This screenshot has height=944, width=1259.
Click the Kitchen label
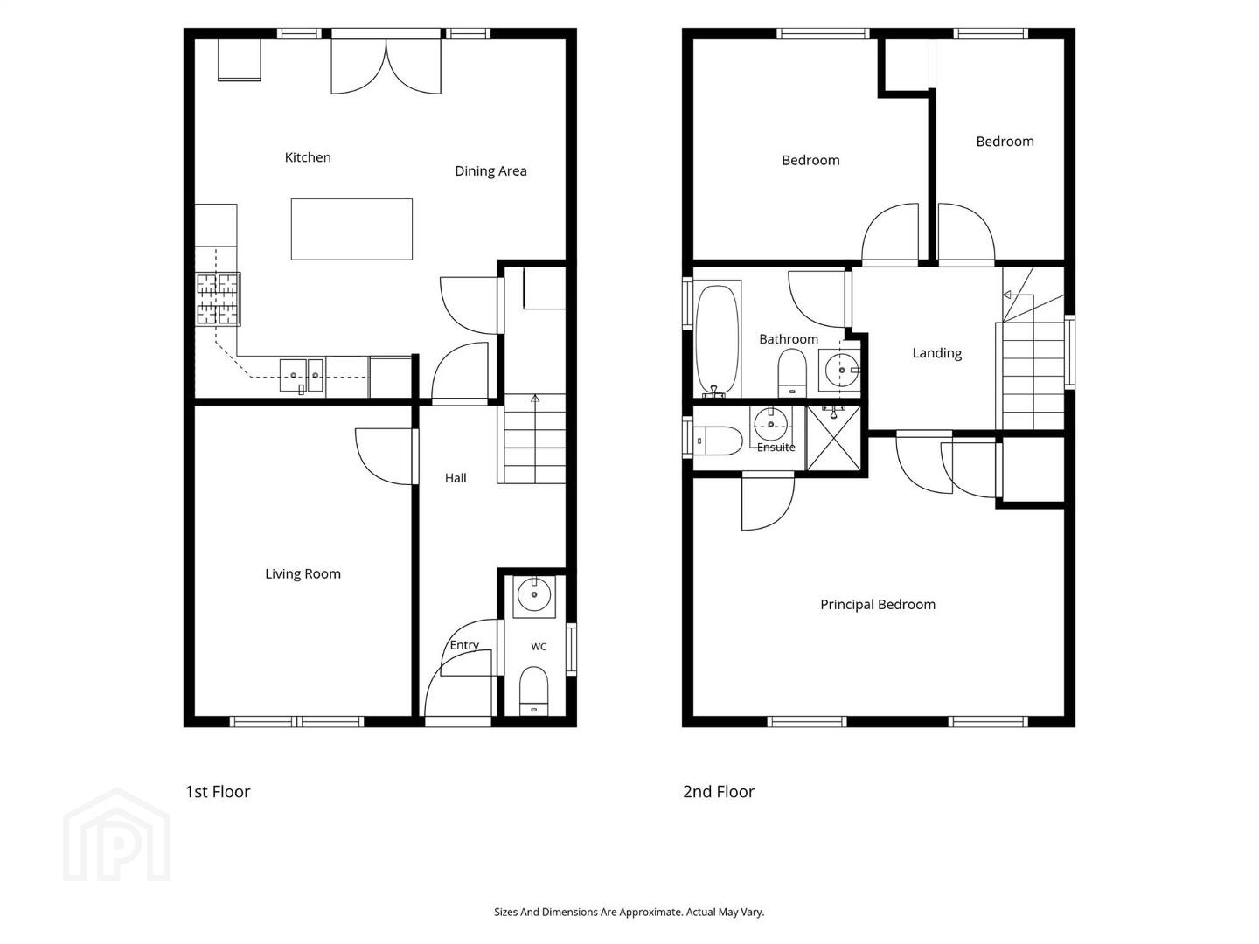[x=308, y=157]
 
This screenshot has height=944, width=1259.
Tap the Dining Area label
[x=490, y=170]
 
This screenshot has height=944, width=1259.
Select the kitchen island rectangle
[x=351, y=229]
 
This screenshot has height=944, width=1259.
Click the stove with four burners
[x=218, y=299]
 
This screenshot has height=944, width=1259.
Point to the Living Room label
[x=303, y=573]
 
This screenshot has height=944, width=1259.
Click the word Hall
[x=456, y=478]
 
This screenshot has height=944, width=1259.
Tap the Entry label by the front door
[x=464, y=645]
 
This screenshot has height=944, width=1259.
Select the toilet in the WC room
[x=533, y=691]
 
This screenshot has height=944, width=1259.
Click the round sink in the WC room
[x=534, y=595]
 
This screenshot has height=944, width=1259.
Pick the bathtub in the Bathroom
[x=717, y=339]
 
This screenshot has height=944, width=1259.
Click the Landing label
[x=936, y=353]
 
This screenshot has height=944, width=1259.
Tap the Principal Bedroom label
[x=878, y=605]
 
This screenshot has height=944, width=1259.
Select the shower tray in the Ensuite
[x=833, y=438]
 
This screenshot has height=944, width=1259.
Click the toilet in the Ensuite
[x=718, y=441]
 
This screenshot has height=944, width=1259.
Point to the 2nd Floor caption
[x=718, y=792]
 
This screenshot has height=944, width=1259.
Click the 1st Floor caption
[x=218, y=792]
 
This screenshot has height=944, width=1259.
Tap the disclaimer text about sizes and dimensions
[x=629, y=912]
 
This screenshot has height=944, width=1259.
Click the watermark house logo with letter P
[x=116, y=835]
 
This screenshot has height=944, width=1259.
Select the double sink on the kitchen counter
[x=301, y=377]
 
